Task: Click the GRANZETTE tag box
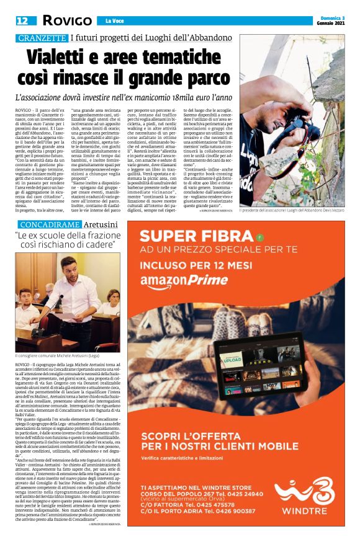click(42, 38)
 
